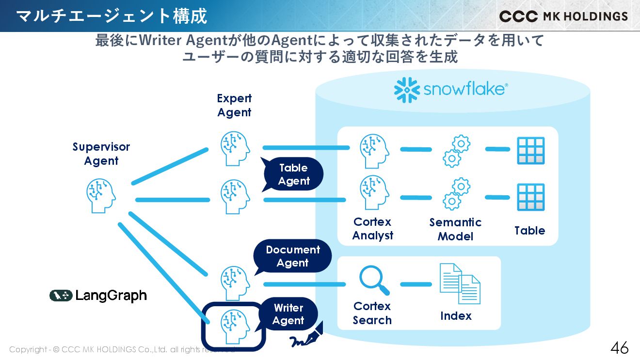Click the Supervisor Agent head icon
(x=101, y=196)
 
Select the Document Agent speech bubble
(x=293, y=256)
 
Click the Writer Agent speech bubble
(x=288, y=314)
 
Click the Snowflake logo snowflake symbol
(x=406, y=90)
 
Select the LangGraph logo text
(x=111, y=296)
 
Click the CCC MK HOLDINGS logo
(x=563, y=16)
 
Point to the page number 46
(x=619, y=347)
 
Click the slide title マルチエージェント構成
(x=112, y=16)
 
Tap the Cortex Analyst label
(x=372, y=229)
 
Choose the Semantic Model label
(x=455, y=229)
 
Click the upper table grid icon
(x=530, y=150)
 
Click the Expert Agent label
(x=234, y=105)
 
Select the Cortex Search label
(x=372, y=313)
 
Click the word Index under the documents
(x=456, y=316)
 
